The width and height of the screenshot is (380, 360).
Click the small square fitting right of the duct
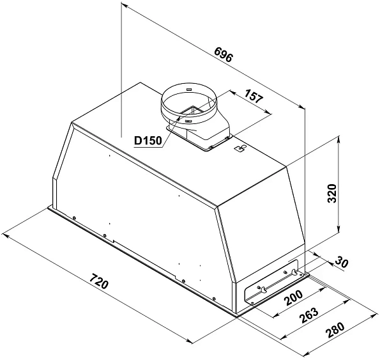click(x=240, y=150)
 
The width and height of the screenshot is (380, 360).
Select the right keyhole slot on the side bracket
click(x=294, y=273)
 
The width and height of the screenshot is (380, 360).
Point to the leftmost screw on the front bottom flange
click(x=76, y=219)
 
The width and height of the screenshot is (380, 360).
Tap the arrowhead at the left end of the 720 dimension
click(x=5, y=236)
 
